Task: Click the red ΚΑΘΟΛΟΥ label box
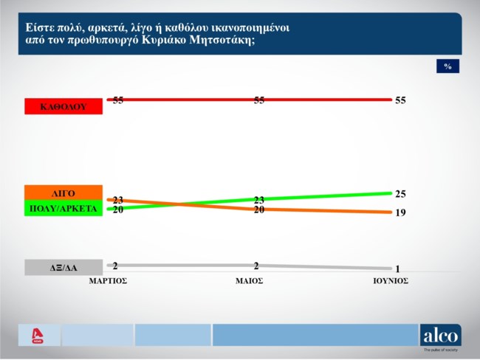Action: tap(63, 106)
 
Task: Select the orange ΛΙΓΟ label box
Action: tap(63, 193)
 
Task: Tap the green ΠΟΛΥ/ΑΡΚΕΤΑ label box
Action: tap(63, 208)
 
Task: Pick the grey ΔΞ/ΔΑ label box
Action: tap(63, 268)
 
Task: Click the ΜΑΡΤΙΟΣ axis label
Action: tap(108, 281)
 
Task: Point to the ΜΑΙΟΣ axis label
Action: tap(249, 281)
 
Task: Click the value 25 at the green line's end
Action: tap(401, 194)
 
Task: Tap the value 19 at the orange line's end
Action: tap(401, 212)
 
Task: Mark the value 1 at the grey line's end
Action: tap(397, 269)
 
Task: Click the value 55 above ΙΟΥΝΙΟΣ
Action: tap(401, 100)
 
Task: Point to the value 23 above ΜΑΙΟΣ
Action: tap(259, 200)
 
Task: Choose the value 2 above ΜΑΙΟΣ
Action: tap(256, 265)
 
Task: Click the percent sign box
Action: tap(448, 66)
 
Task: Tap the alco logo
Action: tap(440, 336)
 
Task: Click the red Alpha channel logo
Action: tap(39, 336)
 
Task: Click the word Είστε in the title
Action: tap(38, 27)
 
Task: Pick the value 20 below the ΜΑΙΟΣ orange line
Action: tap(259, 210)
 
